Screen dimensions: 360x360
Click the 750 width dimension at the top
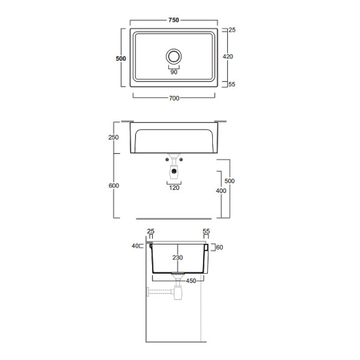(174, 20)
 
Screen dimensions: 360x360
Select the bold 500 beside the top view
(121, 58)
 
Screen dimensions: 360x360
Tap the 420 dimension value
(228, 56)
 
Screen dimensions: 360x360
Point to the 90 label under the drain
(174, 72)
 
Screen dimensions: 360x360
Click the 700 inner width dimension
(174, 98)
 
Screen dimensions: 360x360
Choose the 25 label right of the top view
(232, 30)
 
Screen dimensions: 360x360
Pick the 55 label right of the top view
(232, 84)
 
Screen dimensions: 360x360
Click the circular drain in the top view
(174, 56)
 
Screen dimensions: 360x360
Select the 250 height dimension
(114, 137)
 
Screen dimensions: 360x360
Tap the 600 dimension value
(114, 186)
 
